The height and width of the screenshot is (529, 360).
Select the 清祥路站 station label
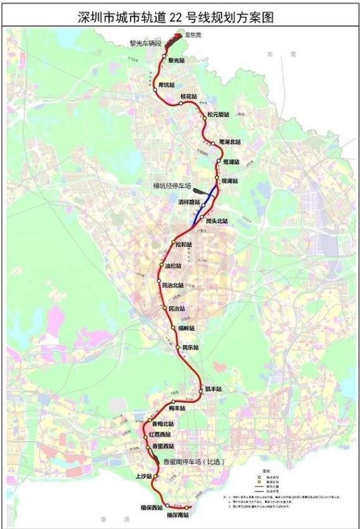[189, 202]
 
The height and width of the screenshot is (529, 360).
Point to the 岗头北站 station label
[216, 221]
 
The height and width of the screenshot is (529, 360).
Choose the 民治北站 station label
[172, 285]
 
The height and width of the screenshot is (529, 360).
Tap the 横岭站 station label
[186, 329]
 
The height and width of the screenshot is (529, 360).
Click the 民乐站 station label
[190, 348]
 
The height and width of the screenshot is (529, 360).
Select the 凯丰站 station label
[214, 389]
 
